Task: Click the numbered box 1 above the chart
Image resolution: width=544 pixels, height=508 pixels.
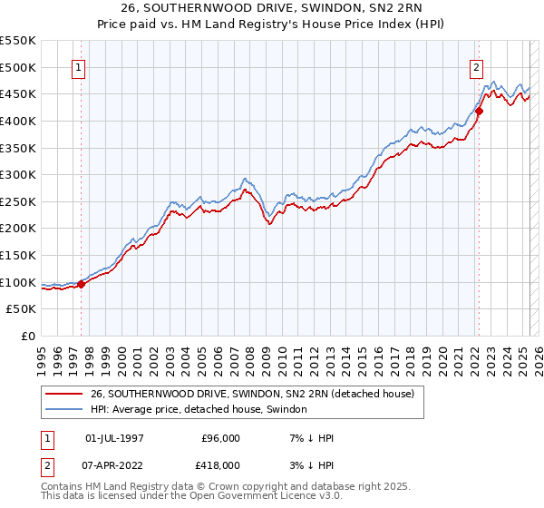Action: coord(78,66)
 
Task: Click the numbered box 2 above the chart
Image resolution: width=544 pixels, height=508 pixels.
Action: coord(476,66)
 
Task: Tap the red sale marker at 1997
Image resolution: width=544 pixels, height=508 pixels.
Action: coord(82,284)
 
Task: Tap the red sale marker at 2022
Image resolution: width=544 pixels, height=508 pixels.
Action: coord(480,112)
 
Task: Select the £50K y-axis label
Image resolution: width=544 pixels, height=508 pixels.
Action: coord(22,309)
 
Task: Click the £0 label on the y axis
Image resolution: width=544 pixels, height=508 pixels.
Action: coord(28,337)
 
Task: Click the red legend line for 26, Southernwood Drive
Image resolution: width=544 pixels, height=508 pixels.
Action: coord(63,394)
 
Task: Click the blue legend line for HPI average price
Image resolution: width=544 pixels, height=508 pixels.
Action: coord(63,410)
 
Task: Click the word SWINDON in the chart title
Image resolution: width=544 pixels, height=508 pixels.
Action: coord(314,11)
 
